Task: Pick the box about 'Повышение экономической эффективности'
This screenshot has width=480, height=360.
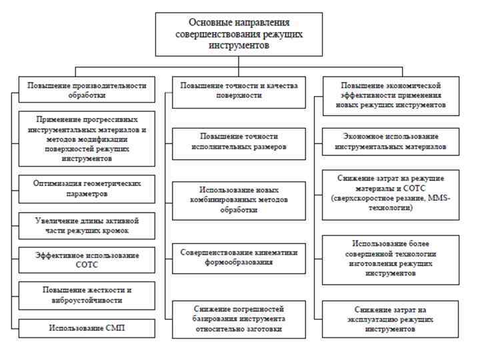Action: [x=390, y=95]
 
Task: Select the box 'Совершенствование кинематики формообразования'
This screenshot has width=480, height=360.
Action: [x=239, y=257]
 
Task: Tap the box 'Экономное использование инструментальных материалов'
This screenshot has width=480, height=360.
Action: [x=390, y=142]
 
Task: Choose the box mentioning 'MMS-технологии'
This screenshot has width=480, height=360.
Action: [x=390, y=193]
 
